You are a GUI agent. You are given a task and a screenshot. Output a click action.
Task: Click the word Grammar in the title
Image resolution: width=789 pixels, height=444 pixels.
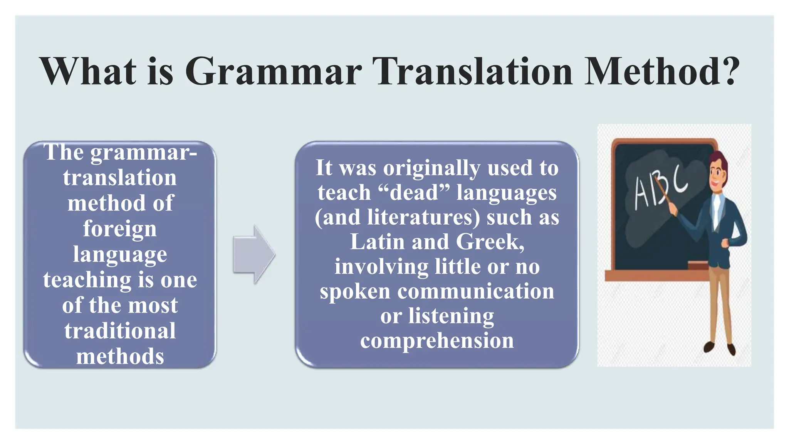273,72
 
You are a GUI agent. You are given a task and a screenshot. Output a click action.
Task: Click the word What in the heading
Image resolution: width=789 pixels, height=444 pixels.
88,71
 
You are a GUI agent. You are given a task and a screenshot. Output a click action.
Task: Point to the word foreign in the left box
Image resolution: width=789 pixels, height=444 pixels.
120,229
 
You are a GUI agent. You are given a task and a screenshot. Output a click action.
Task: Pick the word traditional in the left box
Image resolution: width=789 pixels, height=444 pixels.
120,331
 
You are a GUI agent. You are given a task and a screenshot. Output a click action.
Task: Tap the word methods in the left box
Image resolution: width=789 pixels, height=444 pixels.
120,356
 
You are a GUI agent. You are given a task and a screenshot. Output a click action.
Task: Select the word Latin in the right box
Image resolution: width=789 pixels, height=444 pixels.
377,242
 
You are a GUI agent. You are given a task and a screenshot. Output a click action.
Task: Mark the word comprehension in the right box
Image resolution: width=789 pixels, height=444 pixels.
437,341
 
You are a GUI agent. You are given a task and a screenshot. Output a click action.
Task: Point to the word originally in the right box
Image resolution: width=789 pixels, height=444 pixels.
431,168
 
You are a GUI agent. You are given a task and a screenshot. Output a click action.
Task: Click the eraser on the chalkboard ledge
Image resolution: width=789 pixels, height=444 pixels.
697,265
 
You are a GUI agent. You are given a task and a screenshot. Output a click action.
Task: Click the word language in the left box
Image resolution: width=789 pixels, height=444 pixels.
120,254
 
